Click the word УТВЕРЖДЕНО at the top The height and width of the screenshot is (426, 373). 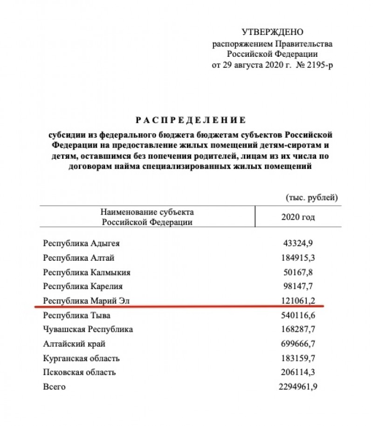click(273, 32)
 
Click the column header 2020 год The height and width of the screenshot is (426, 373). click(298, 217)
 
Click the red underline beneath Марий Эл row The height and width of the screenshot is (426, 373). click(182, 307)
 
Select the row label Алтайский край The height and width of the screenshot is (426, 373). click(74, 344)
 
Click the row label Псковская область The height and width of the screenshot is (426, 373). click(79, 372)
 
